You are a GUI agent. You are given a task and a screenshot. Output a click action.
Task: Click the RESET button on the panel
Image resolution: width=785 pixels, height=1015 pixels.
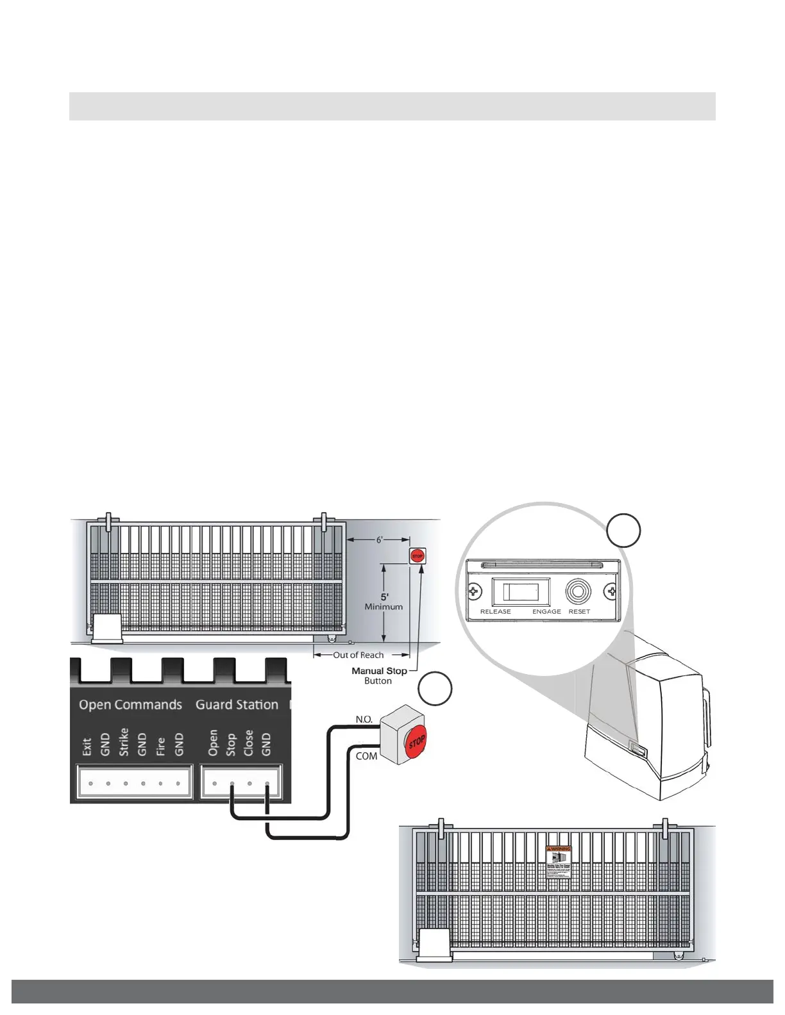(578, 591)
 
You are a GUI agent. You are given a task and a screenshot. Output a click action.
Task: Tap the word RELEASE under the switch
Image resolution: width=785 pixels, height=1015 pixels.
(495, 611)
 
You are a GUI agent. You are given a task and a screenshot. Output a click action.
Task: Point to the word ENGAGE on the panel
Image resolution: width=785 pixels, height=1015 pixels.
(546, 611)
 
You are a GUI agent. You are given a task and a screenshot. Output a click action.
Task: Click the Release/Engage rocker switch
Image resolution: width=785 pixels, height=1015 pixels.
(521, 591)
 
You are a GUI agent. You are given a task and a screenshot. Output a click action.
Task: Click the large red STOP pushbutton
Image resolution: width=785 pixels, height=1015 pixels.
(416, 742)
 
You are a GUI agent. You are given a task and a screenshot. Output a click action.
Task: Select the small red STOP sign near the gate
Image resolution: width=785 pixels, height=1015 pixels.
(418, 556)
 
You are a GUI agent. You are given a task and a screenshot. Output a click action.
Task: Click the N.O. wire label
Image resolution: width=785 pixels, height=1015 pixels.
(364, 720)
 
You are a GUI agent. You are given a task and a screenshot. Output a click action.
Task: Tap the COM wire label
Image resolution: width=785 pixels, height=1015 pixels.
(366, 756)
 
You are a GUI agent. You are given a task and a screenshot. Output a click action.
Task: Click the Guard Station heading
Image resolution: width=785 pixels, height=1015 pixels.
(237, 704)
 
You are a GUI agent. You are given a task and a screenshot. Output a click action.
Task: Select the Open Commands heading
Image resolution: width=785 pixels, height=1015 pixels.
(130, 704)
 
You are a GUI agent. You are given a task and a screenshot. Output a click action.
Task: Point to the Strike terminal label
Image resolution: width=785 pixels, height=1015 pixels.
(124, 742)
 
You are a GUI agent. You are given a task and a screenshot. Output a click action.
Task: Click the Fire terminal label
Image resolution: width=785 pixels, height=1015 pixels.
(160, 745)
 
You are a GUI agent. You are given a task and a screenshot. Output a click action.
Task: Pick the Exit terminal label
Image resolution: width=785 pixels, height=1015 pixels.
(87, 746)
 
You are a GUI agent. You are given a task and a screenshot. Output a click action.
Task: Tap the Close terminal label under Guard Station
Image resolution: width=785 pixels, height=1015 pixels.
(249, 743)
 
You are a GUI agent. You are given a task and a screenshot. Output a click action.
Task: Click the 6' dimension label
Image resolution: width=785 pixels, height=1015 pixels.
(379, 540)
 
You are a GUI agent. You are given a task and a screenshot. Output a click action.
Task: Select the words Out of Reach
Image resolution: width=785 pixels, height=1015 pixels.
(358, 655)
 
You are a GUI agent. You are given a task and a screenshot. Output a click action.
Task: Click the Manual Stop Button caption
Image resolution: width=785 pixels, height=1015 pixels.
(379, 675)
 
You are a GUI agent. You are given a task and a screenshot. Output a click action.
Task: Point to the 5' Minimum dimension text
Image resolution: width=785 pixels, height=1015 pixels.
(384, 601)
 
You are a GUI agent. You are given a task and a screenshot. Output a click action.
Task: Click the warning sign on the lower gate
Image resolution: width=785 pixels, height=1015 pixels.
(558, 862)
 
